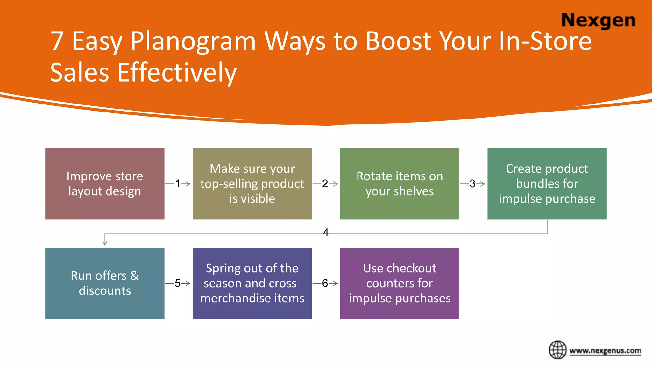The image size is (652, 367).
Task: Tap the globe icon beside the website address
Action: click(x=557, y=350)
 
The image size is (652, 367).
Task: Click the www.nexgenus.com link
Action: click(x=605, y=351)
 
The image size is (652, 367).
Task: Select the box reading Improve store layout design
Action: click(x=105, y=184)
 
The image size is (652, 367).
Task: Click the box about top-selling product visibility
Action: click(x=252, y=184)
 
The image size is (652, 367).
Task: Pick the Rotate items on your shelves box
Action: click(x=400, y=184)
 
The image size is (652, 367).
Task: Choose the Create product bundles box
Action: click(x=547, y=184)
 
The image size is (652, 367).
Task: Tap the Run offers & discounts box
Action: click(x=105, y=283)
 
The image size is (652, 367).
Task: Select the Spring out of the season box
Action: click(x=252, y=283)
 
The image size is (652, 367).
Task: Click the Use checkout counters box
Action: click(x=400, y=283)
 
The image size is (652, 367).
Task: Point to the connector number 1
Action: click(x=178, y=184)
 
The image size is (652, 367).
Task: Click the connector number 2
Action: click(x=325, y=184)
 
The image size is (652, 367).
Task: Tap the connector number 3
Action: click(x=472, y=184)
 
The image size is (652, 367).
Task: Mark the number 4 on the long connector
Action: click(x=325, y=233)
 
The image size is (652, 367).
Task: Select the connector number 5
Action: click(x=178, y=283)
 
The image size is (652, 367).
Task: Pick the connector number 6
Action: click(x=325, y=283)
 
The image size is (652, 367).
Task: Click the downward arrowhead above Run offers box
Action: click(x=105, y=243)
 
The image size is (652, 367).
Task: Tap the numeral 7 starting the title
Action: click(x=57, y=41)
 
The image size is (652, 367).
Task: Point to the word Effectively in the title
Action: click(x=177, y=73)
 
